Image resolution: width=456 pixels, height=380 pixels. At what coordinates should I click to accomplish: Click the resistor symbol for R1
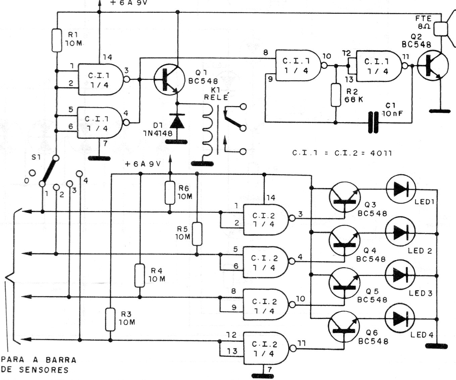pos(57,41)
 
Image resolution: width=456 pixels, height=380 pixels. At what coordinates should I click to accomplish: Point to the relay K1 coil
pos(207,129)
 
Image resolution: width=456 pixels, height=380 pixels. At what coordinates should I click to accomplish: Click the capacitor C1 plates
pos(373,123)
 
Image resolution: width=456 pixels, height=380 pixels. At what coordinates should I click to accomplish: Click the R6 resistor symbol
pos(169,193)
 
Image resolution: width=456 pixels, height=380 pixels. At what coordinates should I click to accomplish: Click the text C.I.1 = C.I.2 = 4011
pos(342,153)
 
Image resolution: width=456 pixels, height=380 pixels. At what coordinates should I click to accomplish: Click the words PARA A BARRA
pos(39,360)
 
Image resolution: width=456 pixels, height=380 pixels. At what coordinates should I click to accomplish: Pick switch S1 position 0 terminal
pos(32,173)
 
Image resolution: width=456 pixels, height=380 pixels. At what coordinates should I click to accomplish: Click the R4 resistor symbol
pos(140,276)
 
